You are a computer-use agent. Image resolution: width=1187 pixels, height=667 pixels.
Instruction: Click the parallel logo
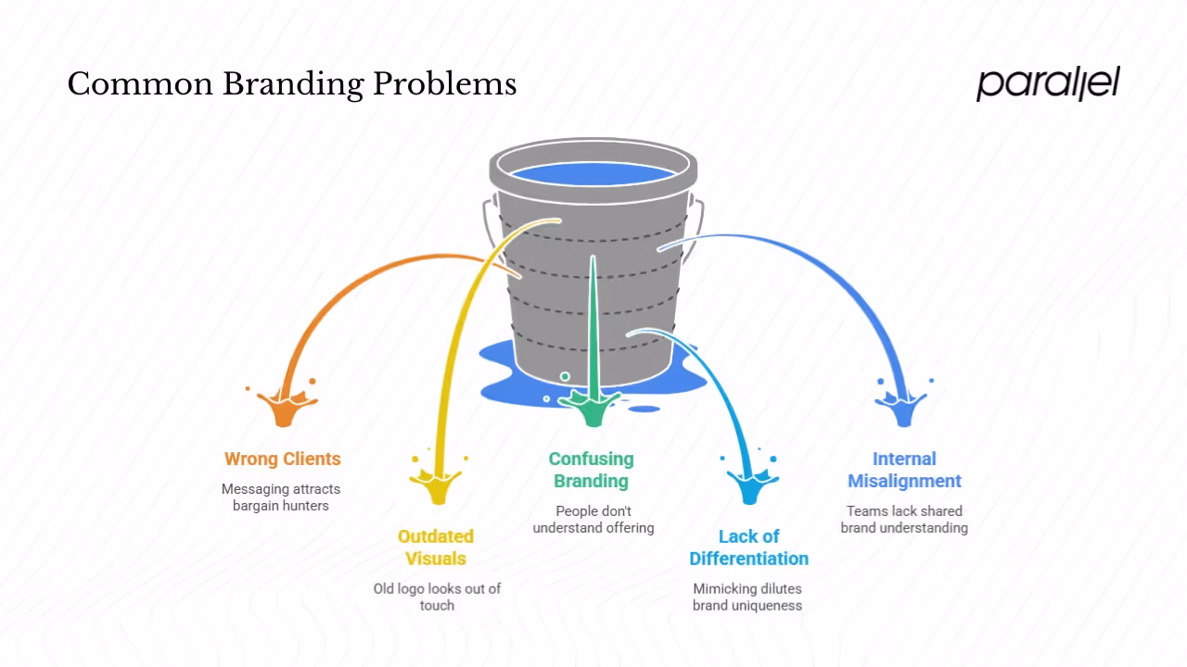1048,83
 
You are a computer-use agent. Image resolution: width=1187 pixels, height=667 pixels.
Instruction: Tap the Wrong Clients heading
283,459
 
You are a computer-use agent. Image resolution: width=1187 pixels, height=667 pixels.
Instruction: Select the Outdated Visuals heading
436,547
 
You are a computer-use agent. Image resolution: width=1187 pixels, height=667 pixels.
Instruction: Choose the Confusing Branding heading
592,470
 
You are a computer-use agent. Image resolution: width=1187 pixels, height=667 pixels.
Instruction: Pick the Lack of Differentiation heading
748,547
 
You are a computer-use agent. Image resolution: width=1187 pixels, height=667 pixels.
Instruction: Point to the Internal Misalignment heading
904,470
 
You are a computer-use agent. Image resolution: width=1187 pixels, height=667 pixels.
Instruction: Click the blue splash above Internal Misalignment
902,407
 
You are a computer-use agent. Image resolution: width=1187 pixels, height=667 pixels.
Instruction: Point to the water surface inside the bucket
593,173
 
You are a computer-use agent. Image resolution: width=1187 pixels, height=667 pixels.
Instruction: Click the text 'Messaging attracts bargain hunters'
281,497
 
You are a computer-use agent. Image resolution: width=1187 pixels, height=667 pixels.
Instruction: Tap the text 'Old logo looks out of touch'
437,597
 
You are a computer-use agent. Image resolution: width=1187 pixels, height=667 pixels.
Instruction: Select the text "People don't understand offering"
593,519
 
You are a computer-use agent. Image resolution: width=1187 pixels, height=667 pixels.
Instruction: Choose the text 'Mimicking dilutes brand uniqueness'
747,597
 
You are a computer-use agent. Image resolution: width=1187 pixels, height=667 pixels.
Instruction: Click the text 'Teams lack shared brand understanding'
904,519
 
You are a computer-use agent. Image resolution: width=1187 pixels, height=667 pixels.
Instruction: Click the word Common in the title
139,84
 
